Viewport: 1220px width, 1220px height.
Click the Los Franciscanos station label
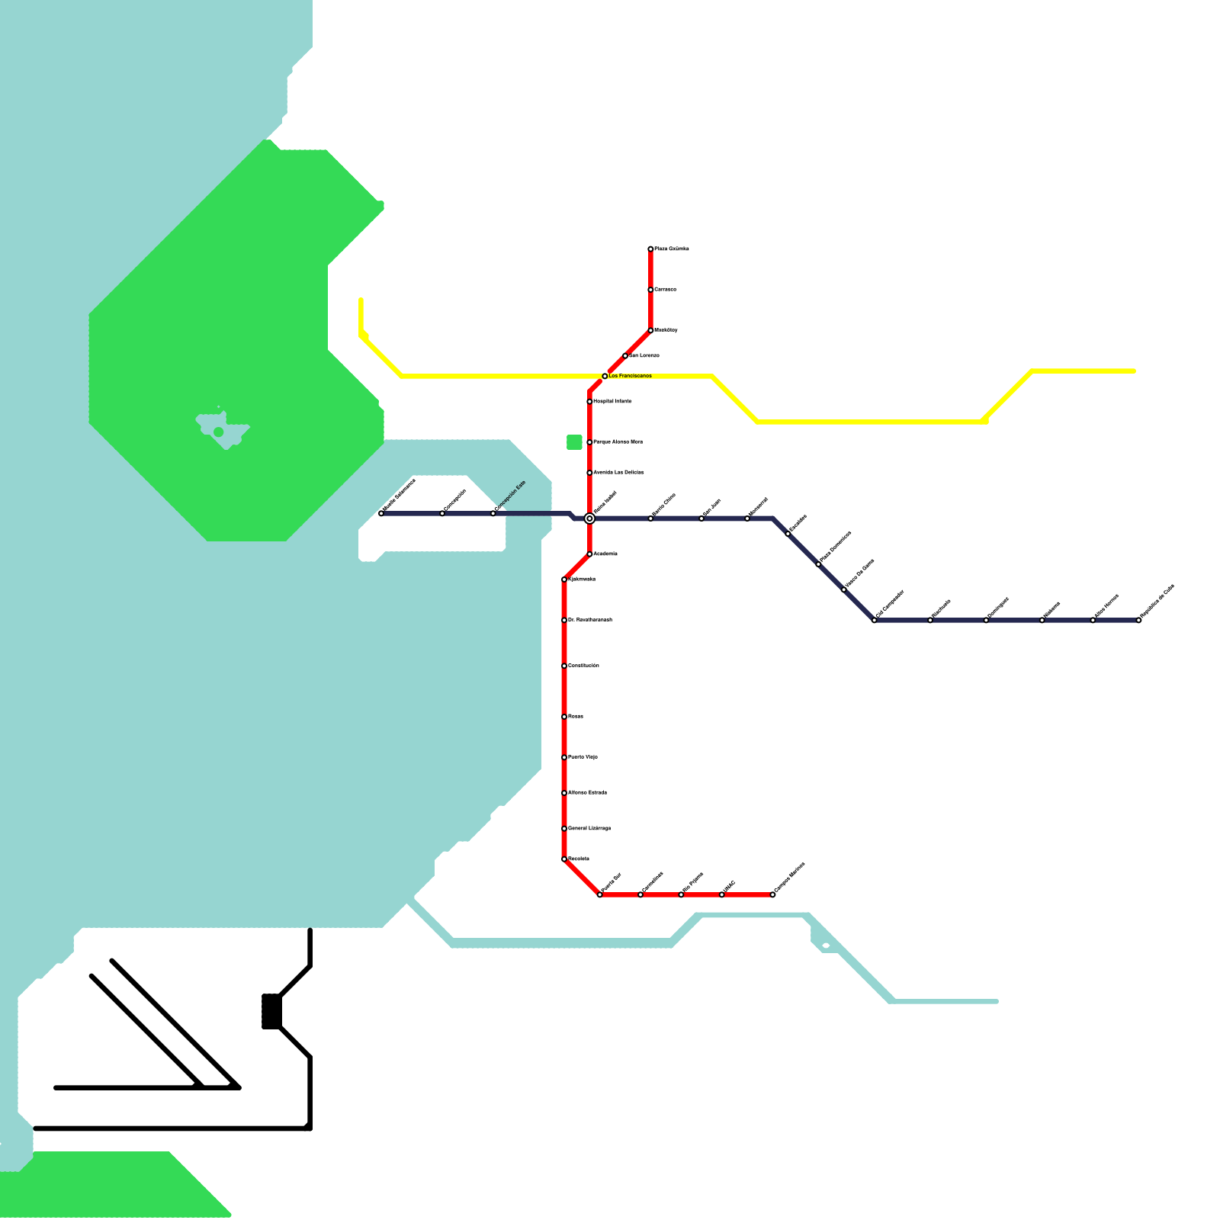630,376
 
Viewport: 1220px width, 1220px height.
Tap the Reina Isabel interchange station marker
589,518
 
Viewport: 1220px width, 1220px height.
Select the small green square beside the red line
574,442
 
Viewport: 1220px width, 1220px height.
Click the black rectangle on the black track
271,1011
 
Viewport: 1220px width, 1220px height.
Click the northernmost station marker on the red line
650,249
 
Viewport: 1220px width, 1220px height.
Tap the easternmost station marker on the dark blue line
1138,620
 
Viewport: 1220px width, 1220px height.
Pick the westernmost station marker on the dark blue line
381,513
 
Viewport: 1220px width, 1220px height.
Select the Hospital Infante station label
612,401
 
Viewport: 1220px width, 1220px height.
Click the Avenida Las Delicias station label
618,473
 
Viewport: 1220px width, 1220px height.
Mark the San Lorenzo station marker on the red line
625,355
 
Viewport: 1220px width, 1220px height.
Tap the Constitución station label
583,666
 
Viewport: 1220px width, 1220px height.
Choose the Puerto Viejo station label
583,757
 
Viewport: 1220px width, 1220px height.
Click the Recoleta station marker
564,859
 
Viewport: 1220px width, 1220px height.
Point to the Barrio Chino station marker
650,518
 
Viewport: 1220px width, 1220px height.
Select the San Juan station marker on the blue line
701,518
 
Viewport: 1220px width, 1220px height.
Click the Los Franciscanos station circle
605,376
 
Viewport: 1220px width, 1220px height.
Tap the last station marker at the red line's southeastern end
772,894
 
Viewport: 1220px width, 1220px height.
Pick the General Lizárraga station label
589,828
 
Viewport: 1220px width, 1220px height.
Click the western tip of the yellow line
361,300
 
